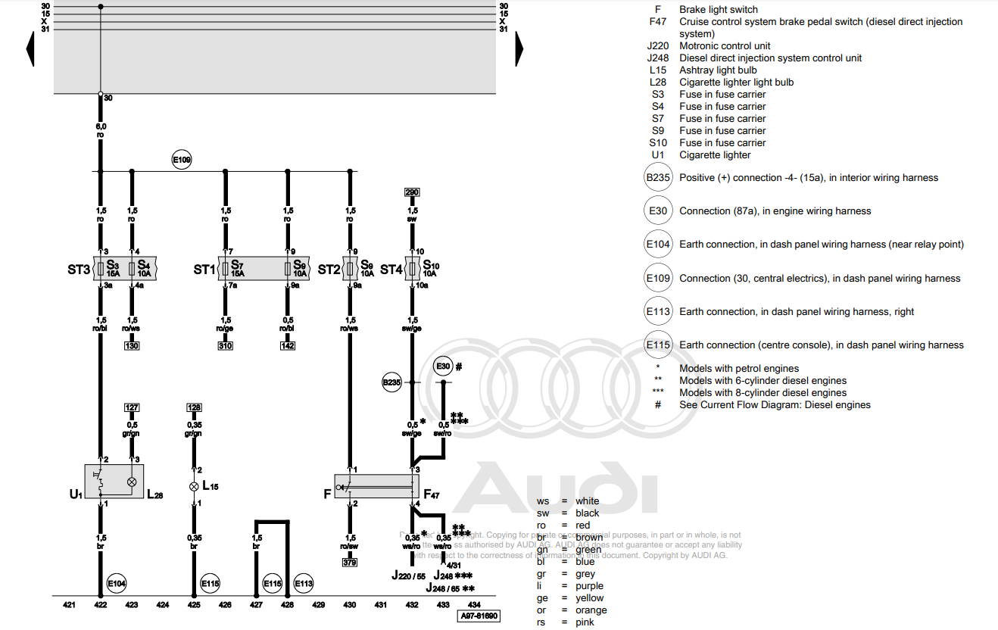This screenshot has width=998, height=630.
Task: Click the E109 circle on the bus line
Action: pos(182,160)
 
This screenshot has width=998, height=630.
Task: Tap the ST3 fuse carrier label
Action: pos(78,270)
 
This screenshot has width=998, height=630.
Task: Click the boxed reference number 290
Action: pos(412,192)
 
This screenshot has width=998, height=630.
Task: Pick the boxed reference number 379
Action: pos(350,563)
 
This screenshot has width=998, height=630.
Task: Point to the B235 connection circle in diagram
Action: pos(391,383)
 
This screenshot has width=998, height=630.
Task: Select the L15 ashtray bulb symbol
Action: pos(194,486)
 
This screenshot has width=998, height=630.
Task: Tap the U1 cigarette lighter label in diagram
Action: pos(75,494)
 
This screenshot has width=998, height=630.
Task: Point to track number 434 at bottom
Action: pos(473,605)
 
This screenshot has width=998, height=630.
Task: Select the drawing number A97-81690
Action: pos(479,616)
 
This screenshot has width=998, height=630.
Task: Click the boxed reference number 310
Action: pos(226,346)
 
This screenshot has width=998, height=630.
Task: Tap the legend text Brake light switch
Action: pos(718,10)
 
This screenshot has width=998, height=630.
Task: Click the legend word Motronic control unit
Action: pos(724,45)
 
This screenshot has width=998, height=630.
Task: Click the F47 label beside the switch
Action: pos(431,494)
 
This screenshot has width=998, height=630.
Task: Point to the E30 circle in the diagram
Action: pos(444,366)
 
